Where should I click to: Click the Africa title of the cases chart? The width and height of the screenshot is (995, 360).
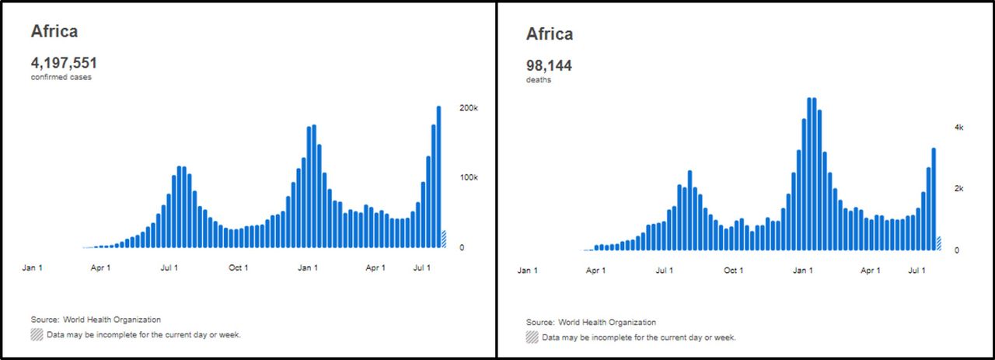click(54, 31)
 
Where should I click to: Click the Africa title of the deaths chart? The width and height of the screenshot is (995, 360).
click(550, 34)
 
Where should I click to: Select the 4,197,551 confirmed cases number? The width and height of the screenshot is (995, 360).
click(64, 63)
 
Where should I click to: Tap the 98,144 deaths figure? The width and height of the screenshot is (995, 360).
click(549, 66)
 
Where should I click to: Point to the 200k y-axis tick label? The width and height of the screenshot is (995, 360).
click(469, 107)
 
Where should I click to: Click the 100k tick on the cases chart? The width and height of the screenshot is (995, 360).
click(469, 177)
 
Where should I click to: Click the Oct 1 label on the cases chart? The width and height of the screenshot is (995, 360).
click(238, 268)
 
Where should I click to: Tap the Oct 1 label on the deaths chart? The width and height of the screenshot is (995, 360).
click(733, 271)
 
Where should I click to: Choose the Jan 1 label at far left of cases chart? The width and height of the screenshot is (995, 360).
click(32, 268)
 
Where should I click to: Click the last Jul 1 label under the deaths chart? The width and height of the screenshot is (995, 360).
click(918, 271)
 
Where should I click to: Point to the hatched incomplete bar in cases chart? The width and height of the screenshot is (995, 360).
click(444, 239)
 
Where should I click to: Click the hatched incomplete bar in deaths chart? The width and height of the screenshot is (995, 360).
click(939, 243)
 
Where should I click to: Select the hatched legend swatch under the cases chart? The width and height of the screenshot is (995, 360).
click(37, 334)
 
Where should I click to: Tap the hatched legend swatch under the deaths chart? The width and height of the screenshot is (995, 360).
click(532, 337)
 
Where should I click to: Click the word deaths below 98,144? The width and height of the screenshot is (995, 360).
click(539, 80)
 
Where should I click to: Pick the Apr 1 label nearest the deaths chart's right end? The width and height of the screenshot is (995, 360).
click(871, 271)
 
